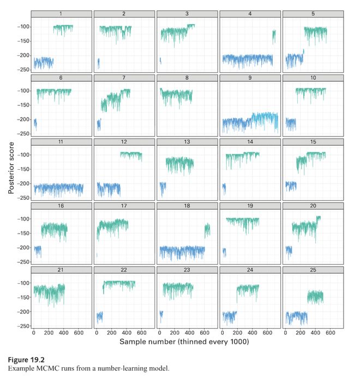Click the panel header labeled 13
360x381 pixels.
tap(187, 142)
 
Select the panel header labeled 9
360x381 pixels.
tap(250, 78)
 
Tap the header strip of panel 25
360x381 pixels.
tap(313, 270)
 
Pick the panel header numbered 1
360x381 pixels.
tap(61, 14)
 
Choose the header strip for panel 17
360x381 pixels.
tap(124, 206)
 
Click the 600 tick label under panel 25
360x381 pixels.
tap(329, 332)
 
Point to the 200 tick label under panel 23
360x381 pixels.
tap(174, 332)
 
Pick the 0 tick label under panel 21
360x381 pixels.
tap(34, 332)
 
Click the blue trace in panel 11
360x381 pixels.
tap(57, 189)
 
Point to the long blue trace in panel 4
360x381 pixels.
tap(245, 59)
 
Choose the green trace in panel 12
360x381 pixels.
tap(131, 156)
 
